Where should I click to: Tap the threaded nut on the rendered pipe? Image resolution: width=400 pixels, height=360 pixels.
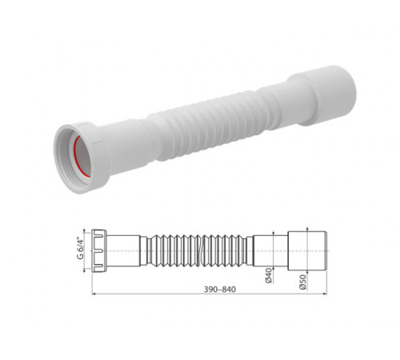point(82,158)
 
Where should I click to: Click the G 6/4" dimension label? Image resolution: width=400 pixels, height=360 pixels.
point(80,248)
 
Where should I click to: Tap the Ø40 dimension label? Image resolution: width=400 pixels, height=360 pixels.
point(269,275)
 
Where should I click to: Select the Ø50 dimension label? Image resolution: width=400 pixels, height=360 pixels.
point(302,282)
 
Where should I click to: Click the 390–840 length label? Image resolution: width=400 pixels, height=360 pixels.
point(220,290)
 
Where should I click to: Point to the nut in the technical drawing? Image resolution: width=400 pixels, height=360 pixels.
point(99,250)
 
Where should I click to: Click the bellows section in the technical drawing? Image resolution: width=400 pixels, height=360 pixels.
point(197,250)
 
